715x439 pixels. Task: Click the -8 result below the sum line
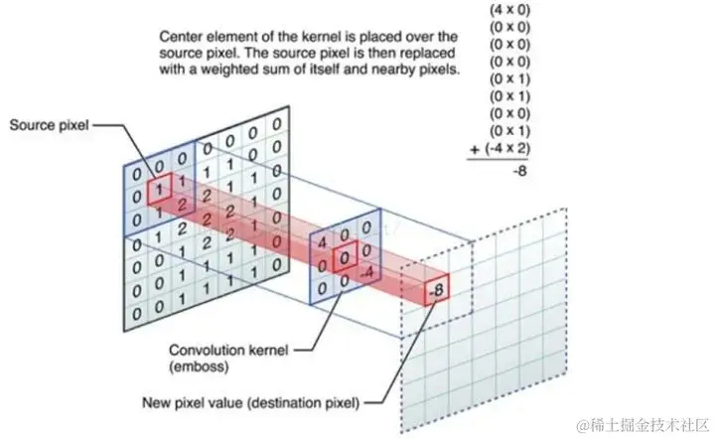pos(517,172)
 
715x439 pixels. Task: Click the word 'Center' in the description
pos(182,37)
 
